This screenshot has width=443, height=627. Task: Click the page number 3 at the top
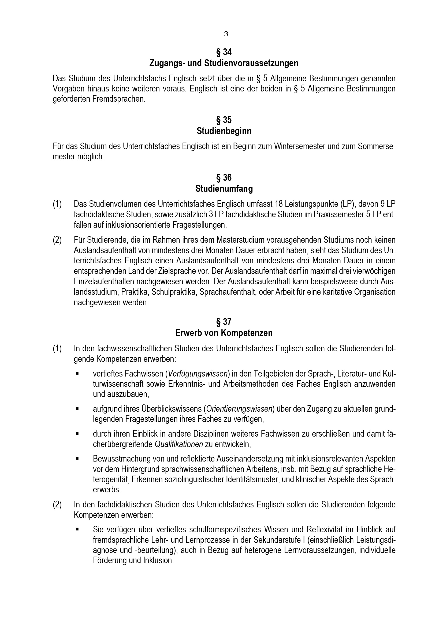(x=226, y=34)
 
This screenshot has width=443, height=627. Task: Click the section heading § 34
(x=224, y=52)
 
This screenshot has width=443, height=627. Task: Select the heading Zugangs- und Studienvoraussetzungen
(x=224, y=63)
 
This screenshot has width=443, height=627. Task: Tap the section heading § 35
(x=224, y=120)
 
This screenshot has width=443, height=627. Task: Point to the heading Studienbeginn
(x=224, y=131)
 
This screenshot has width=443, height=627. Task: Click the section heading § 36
(x=224, y=178)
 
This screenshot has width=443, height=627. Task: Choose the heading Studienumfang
(x=224, y=189)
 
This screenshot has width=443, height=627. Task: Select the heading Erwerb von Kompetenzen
(x=224, y=333)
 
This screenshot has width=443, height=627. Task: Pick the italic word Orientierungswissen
(x=240, y=409)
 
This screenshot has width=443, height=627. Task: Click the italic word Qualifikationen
(x=179, y=444)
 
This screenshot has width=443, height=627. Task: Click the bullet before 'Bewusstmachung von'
(x=77, y=459)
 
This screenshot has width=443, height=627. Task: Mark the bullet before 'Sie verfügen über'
(x=77, y=529)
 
